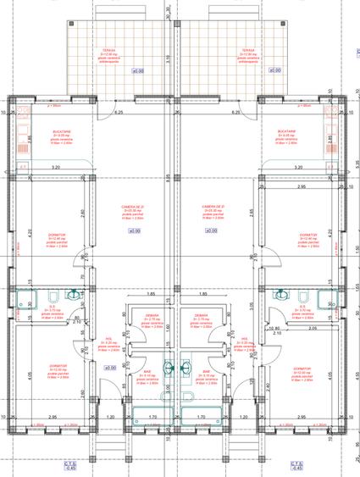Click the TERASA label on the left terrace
tap(108, 50)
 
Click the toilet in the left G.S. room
tap(53, 296)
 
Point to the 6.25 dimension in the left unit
tap(119, 113)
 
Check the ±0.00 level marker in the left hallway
tap(109, 368)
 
